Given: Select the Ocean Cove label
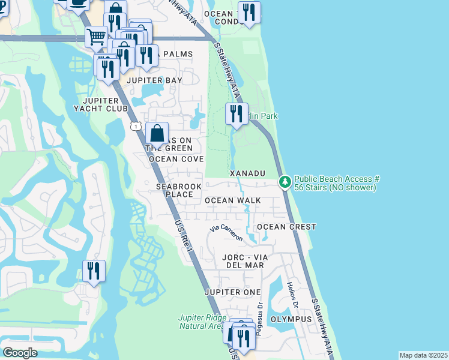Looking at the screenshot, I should [x=176, y=159].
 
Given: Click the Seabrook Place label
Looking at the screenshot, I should [x=178, y=190].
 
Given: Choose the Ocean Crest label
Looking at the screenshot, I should [x=286, y=227].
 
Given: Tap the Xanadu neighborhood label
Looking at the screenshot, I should [x=247, y=173].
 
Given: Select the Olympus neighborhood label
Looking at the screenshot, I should [x=291, y=319].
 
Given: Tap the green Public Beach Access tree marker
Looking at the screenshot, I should [x=285, y=181].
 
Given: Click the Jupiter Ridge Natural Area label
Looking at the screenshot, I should [x=200, y=322].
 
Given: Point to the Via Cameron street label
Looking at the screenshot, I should [x=226, y=233].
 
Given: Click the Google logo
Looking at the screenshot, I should [x=20, y=353].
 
